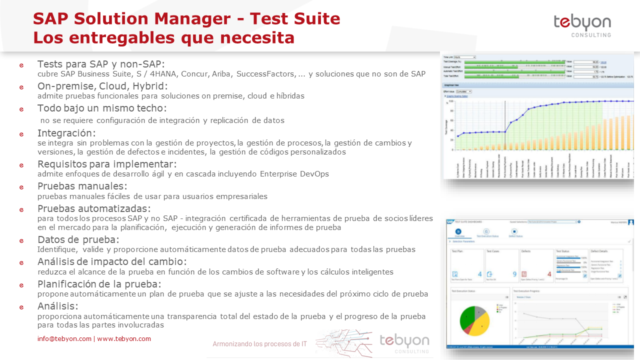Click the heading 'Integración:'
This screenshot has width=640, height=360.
[x=66, y=133]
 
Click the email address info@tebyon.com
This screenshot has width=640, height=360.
[x=64, y=338]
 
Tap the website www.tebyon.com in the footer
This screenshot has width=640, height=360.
[x=124, y=338]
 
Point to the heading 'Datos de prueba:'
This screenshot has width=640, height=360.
[x=78, y=239]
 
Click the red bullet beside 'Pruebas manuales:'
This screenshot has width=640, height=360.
[x=21, y=187]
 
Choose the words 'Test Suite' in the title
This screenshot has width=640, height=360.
[x=295, y=19]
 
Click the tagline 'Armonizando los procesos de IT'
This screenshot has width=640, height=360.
[x=260, y=344]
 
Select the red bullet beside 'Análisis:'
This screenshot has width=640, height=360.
[x=21, y=307]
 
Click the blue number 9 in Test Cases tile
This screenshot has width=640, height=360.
[x=514, y=274]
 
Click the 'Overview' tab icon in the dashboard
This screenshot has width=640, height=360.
[x=458, y=231]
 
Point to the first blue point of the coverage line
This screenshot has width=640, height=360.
[x=457, y=136]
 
